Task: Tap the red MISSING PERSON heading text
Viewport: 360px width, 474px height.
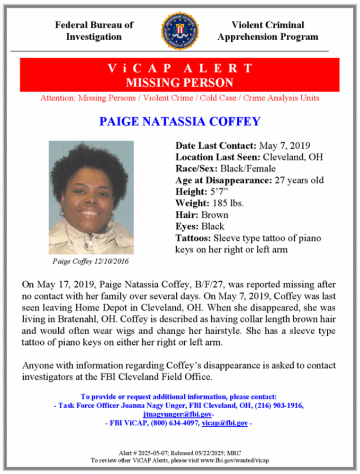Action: coord(180,83)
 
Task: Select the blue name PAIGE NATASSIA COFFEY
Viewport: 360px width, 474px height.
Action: coord(180,121)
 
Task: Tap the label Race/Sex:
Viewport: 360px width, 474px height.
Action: coord(194,168)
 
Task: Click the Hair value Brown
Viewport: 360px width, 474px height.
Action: coord(215,215)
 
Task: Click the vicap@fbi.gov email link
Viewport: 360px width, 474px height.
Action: coord(225,423)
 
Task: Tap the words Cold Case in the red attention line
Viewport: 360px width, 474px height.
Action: coord(220,98)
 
